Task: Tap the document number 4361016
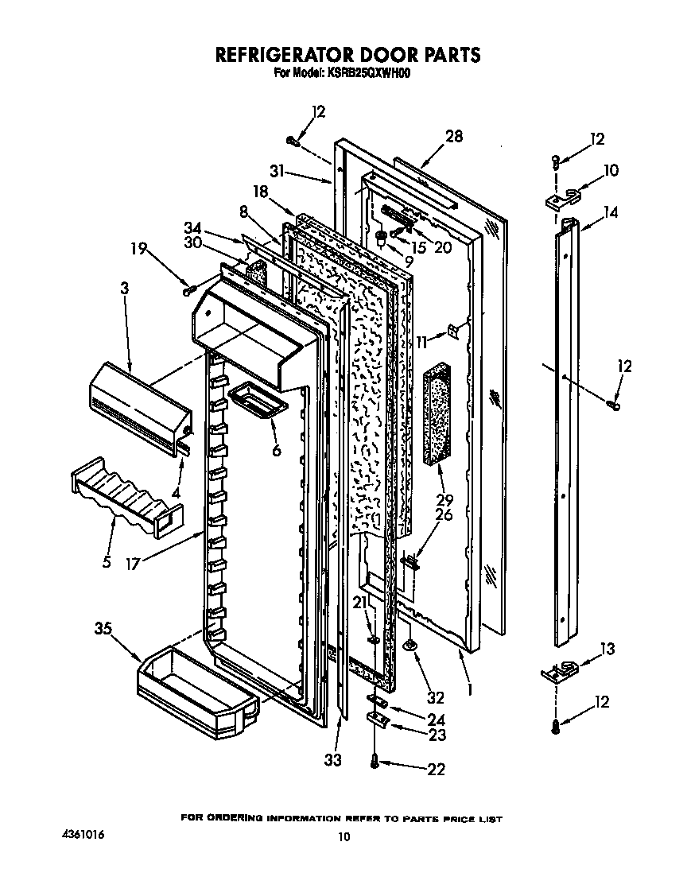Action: [83, 836]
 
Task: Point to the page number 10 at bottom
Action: [343, 836]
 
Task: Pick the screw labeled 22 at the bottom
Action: [374, 762]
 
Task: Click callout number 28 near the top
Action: [453, 136]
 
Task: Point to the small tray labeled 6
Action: [257, 400]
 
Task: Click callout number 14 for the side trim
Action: [610, 212]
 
